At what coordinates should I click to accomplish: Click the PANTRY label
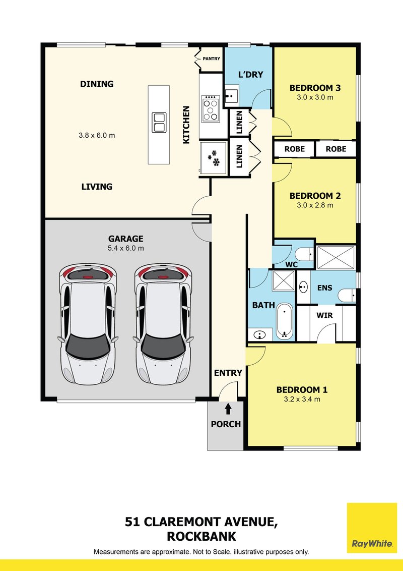point(211,59)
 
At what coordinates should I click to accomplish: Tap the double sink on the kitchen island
point(159,123)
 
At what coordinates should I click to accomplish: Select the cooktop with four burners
point(211,108)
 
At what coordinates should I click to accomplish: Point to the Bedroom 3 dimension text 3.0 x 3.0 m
point(315,97)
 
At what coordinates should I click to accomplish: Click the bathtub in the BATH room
point(285,321)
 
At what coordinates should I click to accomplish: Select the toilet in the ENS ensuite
point(347,295)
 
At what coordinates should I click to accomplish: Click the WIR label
point(324,315)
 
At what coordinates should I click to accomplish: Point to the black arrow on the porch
point(228,409)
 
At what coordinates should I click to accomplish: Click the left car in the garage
point(88,324)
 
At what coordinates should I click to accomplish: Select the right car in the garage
point(163,324)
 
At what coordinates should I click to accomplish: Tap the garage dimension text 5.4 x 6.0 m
point(126,248)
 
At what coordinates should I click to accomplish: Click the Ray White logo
point(372,528)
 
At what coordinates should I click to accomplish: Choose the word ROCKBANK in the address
point(201,536)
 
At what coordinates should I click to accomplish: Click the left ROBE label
point(295,149)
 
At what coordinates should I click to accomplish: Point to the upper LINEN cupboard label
point(239,123)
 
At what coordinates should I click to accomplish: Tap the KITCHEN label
point(186,125)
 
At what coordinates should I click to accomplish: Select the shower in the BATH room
point(283,281)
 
